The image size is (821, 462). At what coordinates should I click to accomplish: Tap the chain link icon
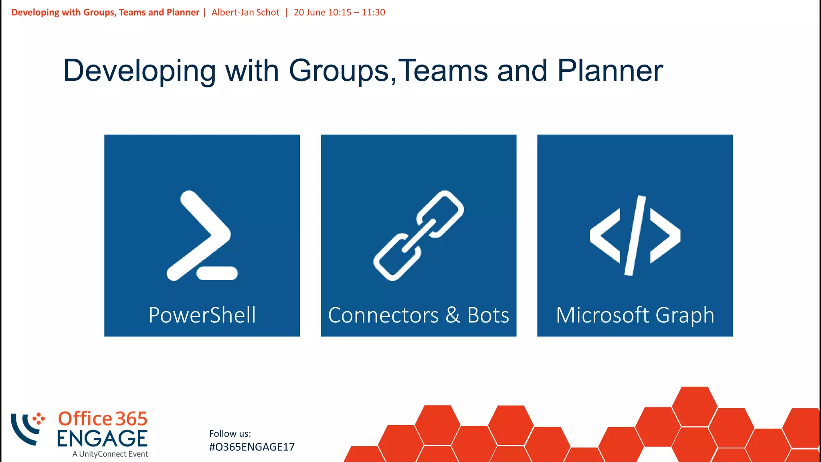(419, 235)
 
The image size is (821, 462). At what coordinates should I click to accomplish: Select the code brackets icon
(635, 235)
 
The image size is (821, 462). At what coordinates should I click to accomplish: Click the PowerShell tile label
(202, 315)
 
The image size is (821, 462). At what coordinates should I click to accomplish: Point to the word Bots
(488, 315)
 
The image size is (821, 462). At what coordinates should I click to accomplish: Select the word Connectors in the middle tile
(383, 315)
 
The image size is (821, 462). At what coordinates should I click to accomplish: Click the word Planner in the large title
(610, 71)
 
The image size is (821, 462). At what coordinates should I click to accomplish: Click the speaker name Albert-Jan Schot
(245, 12)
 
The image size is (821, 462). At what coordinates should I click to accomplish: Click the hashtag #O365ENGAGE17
(252, 447)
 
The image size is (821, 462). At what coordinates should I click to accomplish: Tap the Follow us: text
(230, 434)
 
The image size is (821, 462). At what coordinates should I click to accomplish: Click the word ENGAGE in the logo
(102, 439)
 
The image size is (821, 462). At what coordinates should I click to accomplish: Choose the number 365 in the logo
(131, 419)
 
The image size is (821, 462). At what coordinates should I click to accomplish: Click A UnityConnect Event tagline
(110, 454)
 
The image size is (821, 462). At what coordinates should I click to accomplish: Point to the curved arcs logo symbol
(26, 429)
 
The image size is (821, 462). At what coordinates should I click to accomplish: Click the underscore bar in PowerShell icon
(217, 273)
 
